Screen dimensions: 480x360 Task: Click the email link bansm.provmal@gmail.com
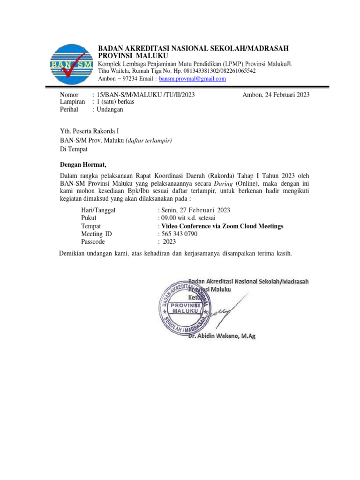pyautogui.click(x=192, y=79)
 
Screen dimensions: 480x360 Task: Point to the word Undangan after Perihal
pyautogui.click(x=110, y=109)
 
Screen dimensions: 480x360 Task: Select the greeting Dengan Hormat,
pyautogui.click(x=83, y=164)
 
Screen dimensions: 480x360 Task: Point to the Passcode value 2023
pyautogui.click(x=169, y=242)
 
